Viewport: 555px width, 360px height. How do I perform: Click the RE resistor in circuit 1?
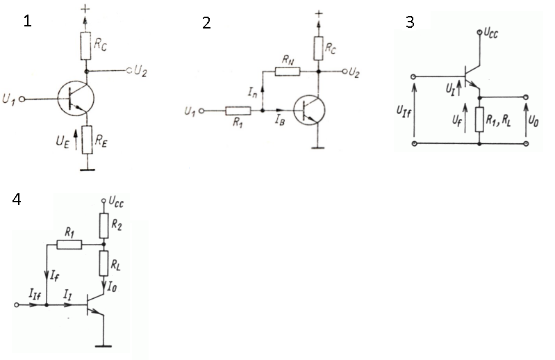point(87,140)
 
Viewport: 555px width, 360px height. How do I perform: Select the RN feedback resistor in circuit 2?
point(288,72)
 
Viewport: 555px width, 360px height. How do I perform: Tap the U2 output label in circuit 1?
point(140,71)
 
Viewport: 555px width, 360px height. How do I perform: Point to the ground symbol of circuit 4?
point(103,346)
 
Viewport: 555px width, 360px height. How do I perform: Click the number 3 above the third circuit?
point(410,22)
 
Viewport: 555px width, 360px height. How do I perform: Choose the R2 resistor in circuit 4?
point(103,225)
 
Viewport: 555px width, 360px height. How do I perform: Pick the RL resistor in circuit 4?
point(103,263)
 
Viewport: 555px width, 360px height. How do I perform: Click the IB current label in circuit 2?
point(280,120)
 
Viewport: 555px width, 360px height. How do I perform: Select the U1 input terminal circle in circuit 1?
point(22,99)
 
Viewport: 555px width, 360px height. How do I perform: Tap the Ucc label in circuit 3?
point(490,33)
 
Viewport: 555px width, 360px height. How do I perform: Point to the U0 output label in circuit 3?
point(533,121)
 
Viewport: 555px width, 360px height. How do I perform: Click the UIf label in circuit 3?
point(404,112)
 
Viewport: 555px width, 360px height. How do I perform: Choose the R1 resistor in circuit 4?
point(69,245)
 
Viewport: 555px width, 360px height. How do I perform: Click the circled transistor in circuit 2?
point(309,111)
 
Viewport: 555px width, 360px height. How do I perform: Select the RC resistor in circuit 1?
point(85,46)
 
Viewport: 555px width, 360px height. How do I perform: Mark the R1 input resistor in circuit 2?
point(238,111)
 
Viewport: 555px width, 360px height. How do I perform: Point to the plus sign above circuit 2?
point(319,13)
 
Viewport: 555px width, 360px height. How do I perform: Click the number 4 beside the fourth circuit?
point(16,199)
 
